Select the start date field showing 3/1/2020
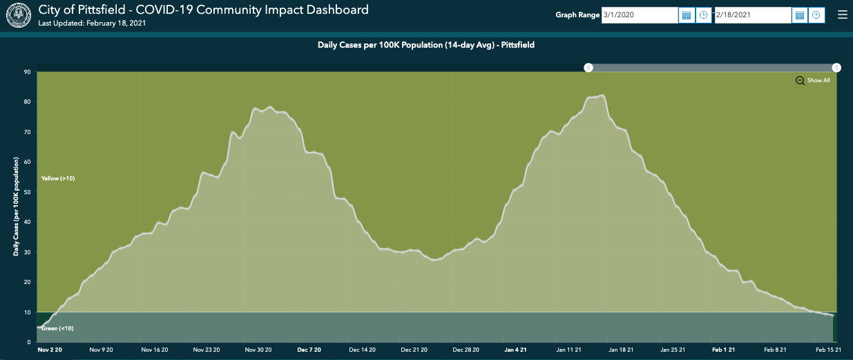(640, 15)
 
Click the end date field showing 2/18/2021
(752, 15)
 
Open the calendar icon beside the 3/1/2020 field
(687, 15)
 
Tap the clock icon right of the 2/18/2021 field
(816, 15)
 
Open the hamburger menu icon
(842, 15)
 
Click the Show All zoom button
(813, 81)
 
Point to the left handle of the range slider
(588, 68)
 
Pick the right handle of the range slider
(836, 68)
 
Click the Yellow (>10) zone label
(58, 178)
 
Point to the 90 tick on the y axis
(28, 72)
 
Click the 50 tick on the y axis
(28, 192)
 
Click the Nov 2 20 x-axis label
(49, 350)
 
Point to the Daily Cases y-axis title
(15, 207)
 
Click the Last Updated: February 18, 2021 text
(92, 23)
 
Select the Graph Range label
(578, 15)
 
